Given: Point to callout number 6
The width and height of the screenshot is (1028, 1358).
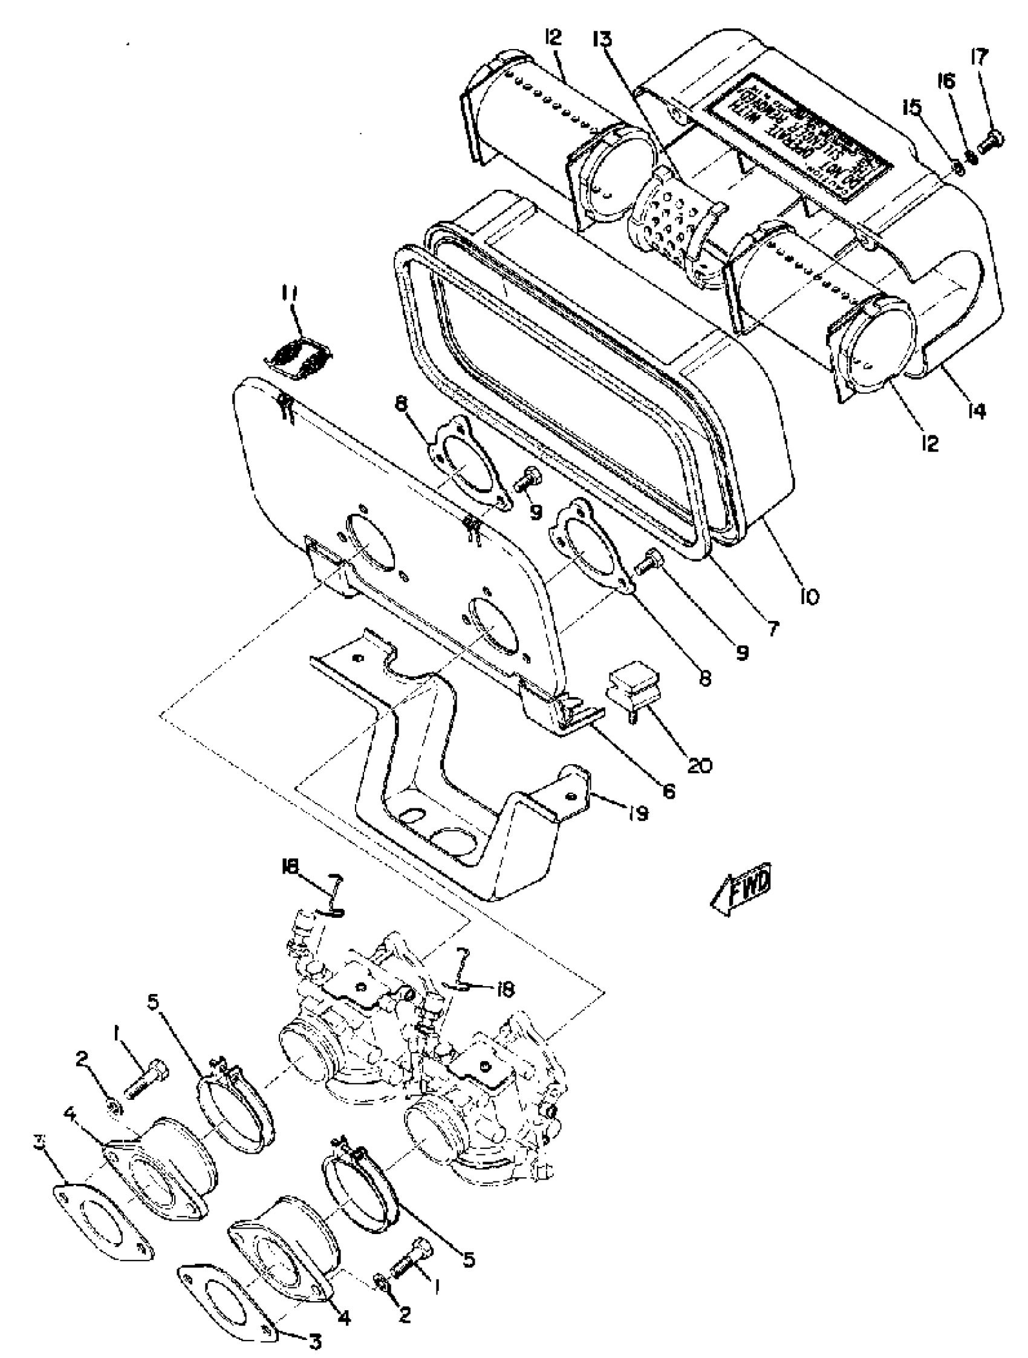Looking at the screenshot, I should tap(669, 791).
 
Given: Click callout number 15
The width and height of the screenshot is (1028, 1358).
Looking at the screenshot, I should tap(912, 108).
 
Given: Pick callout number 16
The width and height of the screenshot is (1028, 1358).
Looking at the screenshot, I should tap(946, 82).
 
